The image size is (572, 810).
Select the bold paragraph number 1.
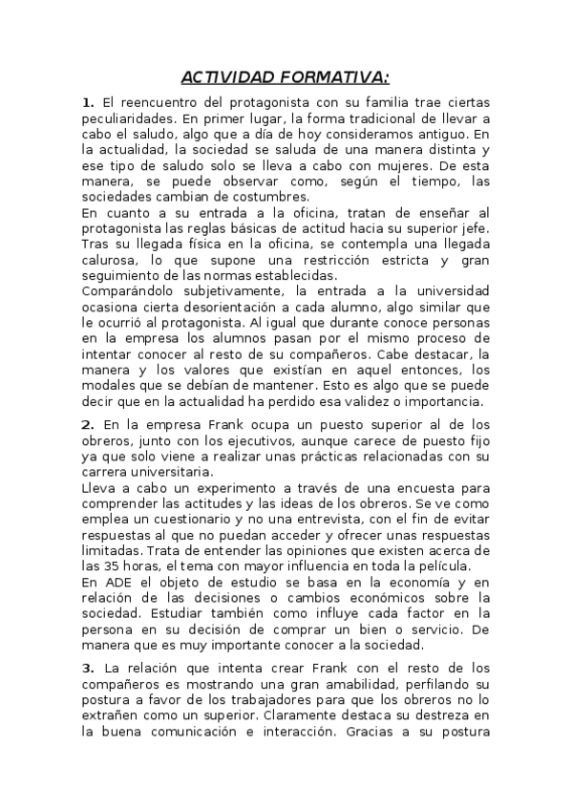[88, 101]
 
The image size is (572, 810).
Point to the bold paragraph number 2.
[88, 424]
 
